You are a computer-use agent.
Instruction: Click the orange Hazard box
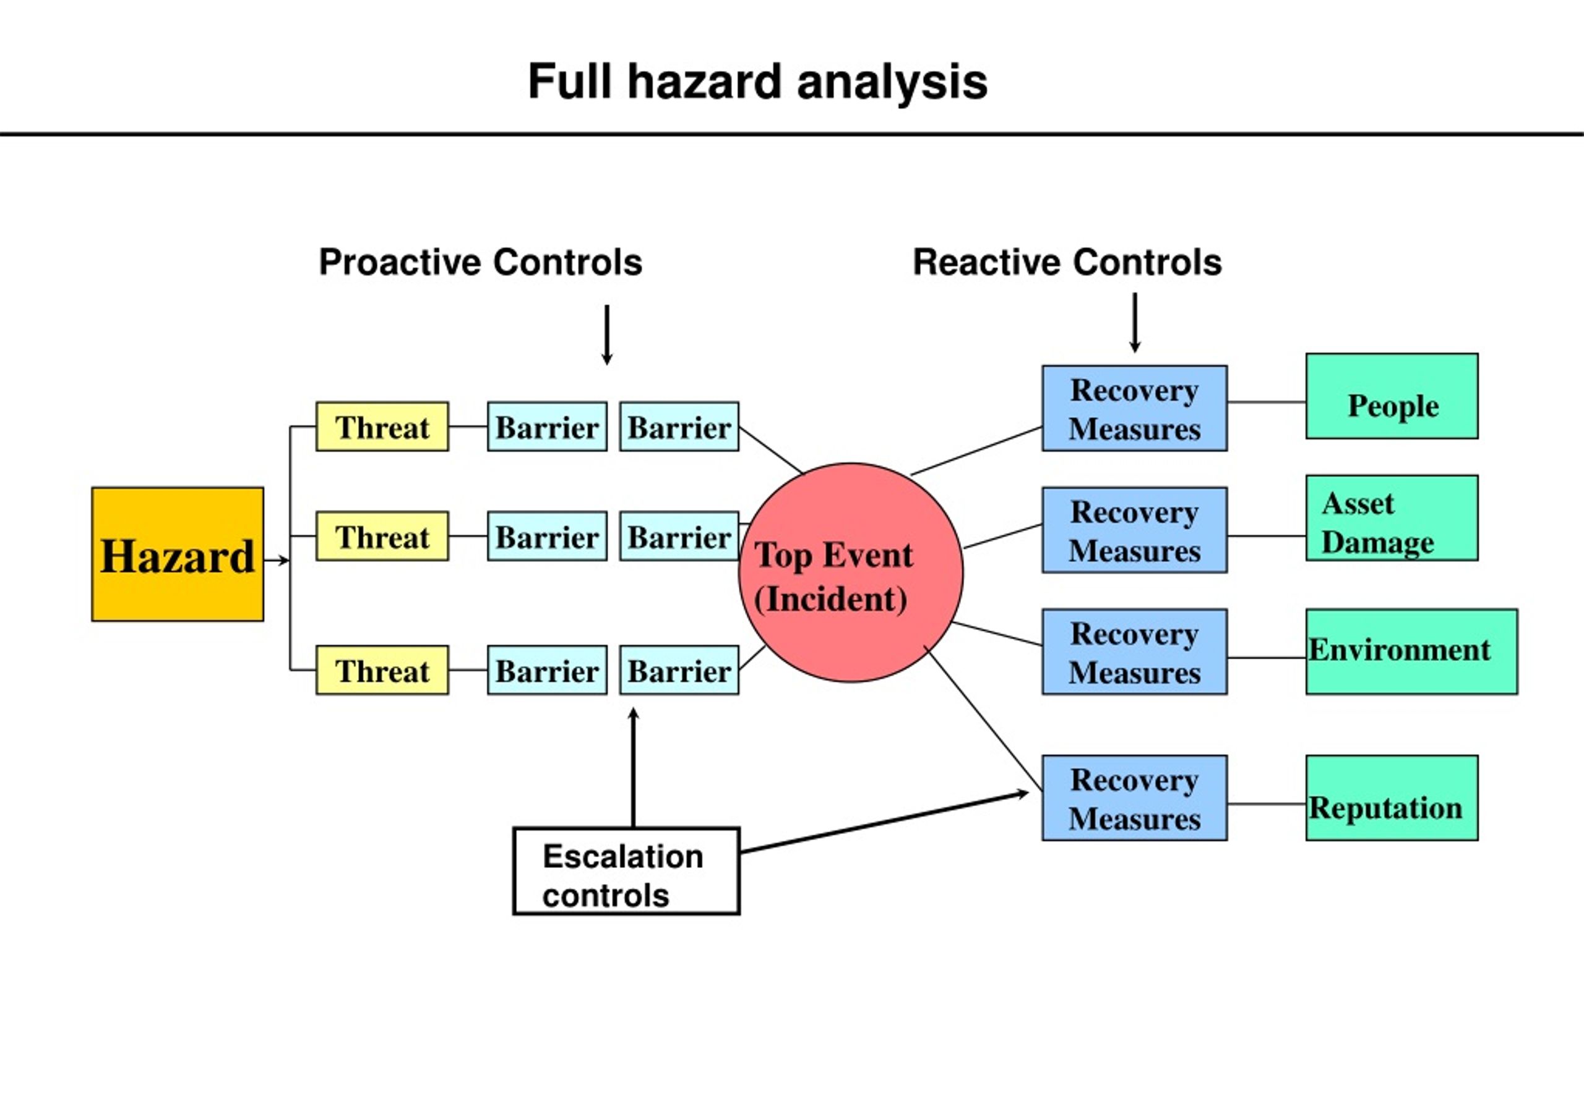tap(178, 554)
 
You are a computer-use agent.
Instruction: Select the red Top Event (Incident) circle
tap(851, 572)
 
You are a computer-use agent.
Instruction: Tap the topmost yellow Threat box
tap(382, 427)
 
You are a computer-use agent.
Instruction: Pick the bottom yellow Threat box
tap(382, 669)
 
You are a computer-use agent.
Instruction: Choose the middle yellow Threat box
tap(382, 536)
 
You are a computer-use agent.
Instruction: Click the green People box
tap(1392, 396)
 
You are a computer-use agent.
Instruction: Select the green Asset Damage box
tap(1392, 518)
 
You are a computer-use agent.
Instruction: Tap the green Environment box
tap(1411, 652)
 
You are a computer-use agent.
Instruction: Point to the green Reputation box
tap(1392, 798)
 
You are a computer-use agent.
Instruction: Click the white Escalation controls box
tap(626, 871)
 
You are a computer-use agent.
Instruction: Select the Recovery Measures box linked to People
tap(1135, 408)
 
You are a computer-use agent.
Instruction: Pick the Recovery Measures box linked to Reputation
tap(1135, 798)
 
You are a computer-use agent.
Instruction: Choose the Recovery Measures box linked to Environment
tap(1135, 652)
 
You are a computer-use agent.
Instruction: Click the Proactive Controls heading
tap(480, 261)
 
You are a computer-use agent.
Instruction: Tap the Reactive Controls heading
tap(1067, 261)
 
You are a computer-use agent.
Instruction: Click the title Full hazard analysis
tap(757, 82)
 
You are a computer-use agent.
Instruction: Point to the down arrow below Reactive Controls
tap(1135, 323)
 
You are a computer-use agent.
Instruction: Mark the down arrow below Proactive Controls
tap(607, 335)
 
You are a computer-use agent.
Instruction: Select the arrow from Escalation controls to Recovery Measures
tap(884, 823)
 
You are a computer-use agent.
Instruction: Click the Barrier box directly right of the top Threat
tap(547, 427)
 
